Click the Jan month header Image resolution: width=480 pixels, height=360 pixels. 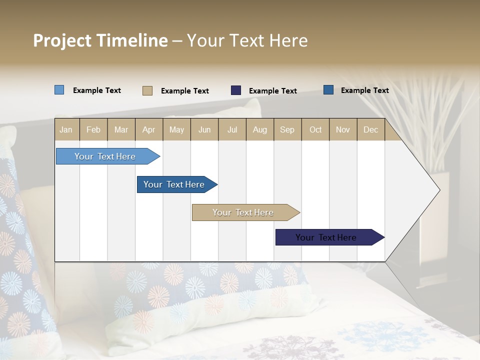pyautogui.click(x=66, y=129)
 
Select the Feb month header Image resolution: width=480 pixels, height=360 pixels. pyautogui.click(x=93, y=129)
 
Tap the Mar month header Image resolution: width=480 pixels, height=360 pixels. pyautogui.click(x=121, y=129)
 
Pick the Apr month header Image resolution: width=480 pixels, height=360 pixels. pyautogui.click(x=149, y=129)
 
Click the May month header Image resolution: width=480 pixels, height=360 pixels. pyautogui.click(x=176, y=129)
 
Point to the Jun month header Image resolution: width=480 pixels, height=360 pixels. pyautogui.click(x=204, y=129)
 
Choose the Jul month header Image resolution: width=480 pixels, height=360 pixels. pyautogui.click(x=232, y=129)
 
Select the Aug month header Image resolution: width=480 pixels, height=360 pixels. pyautogui.click(x=260, y=129)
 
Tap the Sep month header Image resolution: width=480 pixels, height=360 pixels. pyautogui.click(x=287, y=129)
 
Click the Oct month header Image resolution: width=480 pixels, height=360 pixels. pyautogui.click(x=315, y=129)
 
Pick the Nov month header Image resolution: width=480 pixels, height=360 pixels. pyautogui.click(x=343, y=129)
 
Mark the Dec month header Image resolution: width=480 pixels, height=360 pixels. pyautogui.click(x=371, y=129)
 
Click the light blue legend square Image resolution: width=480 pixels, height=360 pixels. pyautogui.click(x=59, y=90)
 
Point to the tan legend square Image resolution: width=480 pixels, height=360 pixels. pyautogui.click(x=147, y=90)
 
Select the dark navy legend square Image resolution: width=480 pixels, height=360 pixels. pyautogui.click(x=236, y=90)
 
